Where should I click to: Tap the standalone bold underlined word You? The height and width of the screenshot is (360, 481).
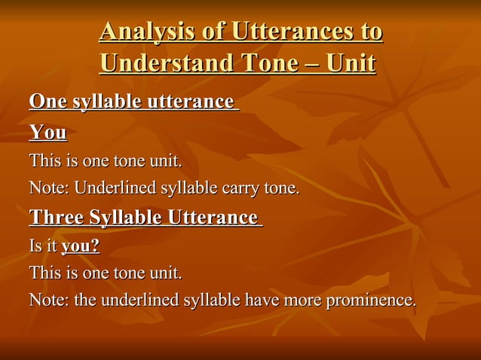tap(47, 133)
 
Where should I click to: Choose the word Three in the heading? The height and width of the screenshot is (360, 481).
tap(56, 218)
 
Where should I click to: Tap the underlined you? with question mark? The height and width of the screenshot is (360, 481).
tap(81, 246)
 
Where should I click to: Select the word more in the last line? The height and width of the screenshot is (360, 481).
tap(304, 301)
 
